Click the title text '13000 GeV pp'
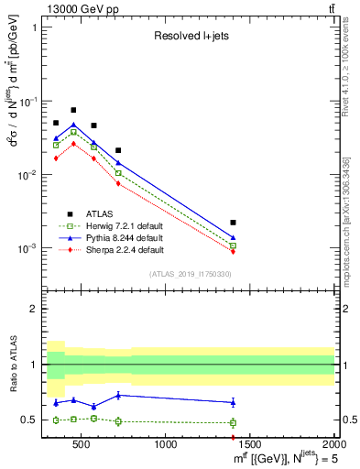[77, 8]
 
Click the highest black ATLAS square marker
[73, 110]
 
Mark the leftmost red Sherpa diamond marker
[56, 158]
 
